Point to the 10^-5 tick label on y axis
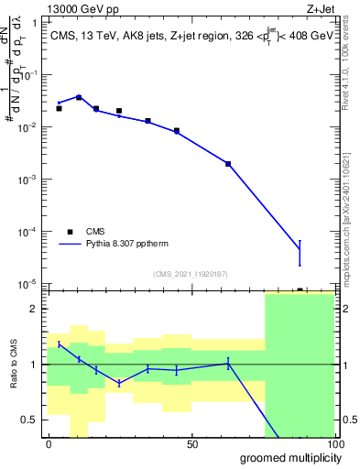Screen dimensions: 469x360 pyautogui.click(x=28, y=284)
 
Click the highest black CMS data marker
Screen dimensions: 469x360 pyautogui.click(x=79, y=97)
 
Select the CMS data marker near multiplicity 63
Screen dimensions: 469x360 pyautogui.click(x=228, y=164)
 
